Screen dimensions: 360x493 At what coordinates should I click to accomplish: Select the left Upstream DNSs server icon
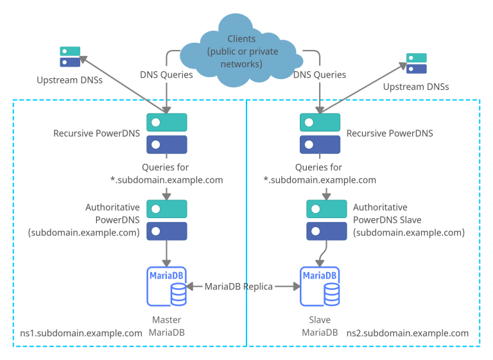coord(70,56)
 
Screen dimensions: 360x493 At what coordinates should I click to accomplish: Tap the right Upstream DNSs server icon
coord(416,64)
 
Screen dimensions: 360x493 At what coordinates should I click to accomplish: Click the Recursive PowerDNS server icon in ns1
coord(166,133)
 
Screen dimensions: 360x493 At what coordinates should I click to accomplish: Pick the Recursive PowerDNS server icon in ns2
coord(320,133)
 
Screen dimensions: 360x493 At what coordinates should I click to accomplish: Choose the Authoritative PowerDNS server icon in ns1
coord(166,219)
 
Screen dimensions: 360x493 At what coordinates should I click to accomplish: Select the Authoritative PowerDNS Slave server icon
coord(326,219)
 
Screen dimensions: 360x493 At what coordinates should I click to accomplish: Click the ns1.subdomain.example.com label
coord(81,333)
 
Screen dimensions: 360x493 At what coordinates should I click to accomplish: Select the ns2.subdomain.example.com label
coord(407,333)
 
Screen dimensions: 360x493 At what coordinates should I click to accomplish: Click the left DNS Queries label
coord(166,75)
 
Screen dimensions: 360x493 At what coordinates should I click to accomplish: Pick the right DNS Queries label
coord(320,75)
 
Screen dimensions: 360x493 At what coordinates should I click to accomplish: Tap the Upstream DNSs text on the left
coord(70,81)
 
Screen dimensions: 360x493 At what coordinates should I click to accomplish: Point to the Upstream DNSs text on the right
coord(415,87)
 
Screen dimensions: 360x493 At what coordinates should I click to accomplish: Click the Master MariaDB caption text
coord(166,325)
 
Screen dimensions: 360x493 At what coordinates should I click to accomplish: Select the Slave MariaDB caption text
coord(320,325)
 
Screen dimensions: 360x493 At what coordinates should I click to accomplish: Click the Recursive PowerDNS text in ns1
coord(96,133)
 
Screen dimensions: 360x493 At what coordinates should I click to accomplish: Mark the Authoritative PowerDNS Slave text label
coord(408,219)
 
